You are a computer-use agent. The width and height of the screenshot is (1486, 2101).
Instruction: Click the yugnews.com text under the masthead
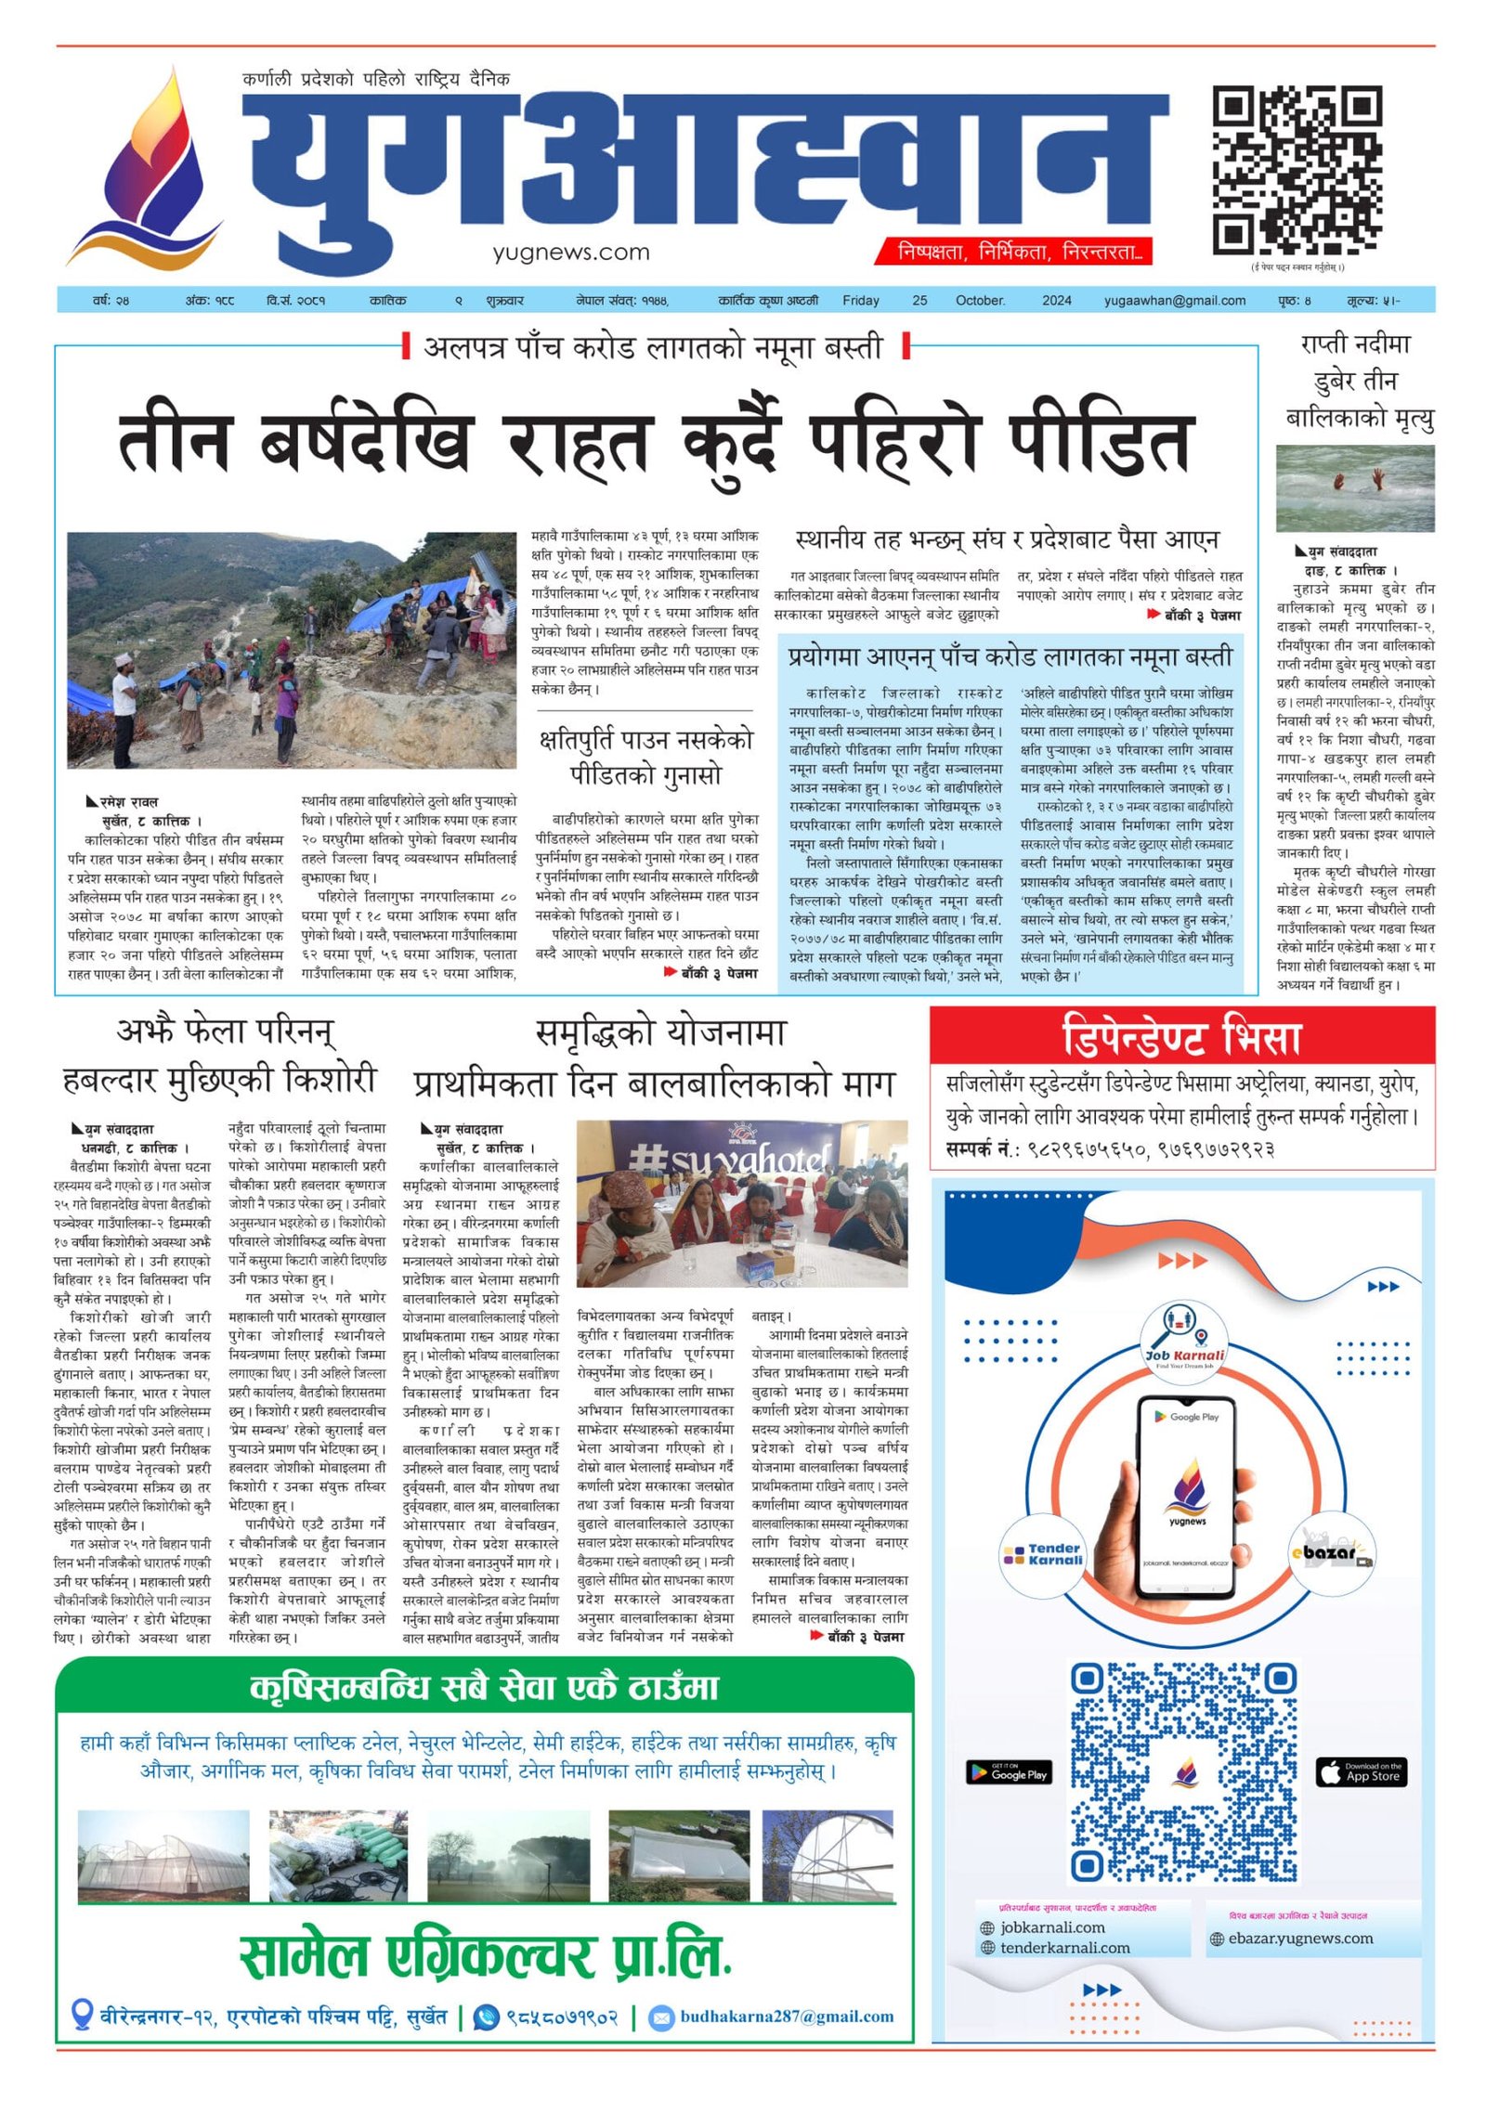[x=571, y=252]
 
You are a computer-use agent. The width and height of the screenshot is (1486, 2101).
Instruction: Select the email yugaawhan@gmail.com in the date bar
[x=1174, y=300]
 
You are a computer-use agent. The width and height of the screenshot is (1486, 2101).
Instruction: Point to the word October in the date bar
[x=980, y=300]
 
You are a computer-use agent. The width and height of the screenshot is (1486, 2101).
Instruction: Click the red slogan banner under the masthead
[x=1013, y=251]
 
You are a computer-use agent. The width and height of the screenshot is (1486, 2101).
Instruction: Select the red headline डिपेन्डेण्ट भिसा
[x=1180, y=1037]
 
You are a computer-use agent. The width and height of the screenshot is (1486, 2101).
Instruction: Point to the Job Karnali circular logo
[x=1183, y=1338]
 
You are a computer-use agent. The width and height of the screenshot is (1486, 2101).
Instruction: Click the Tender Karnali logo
[x=1042, y=1554]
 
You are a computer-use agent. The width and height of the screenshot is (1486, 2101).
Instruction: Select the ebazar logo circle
[x=1333, y=1552]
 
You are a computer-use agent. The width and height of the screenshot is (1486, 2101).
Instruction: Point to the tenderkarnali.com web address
[x=1064, y=1948]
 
